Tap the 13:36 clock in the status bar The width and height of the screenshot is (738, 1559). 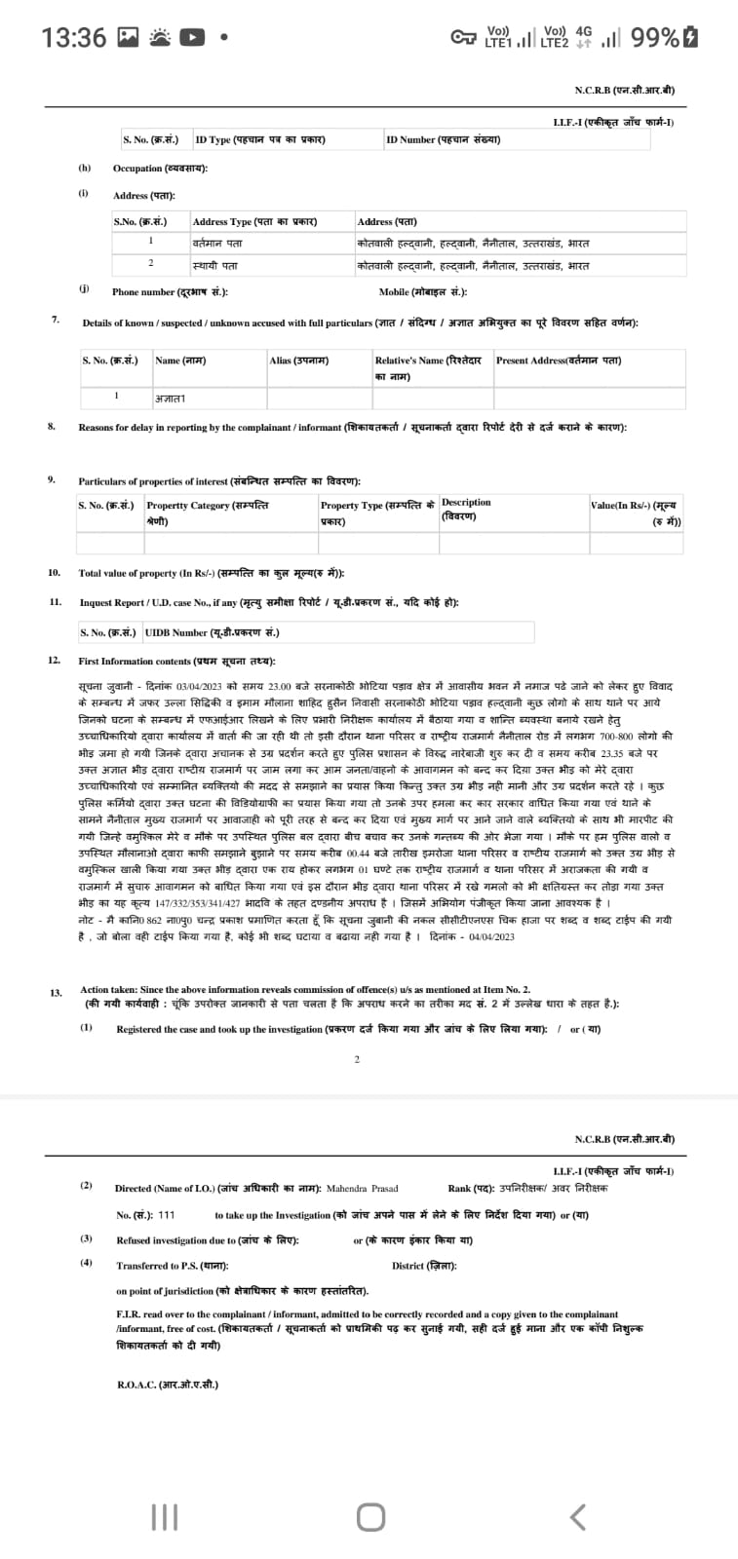pos(73,38)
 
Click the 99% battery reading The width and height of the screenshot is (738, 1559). pos(655,38)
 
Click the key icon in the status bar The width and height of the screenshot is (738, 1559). pos(464,38)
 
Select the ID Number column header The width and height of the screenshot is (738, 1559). pos(443,139)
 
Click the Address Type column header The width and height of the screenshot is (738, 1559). pos(254,221)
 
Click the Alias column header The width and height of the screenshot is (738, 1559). pos(298,361)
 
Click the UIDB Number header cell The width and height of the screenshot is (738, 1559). pos(212,632)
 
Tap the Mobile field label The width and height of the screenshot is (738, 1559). pos(423,291)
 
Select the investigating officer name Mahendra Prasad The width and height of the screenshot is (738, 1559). pos(362,1189)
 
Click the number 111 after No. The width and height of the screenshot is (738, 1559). pos(166,1215)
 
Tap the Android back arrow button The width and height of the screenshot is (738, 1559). pos(577,1516)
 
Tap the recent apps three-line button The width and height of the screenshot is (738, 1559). pos(165,1516)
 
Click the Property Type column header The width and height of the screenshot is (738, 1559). pos(377,513)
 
